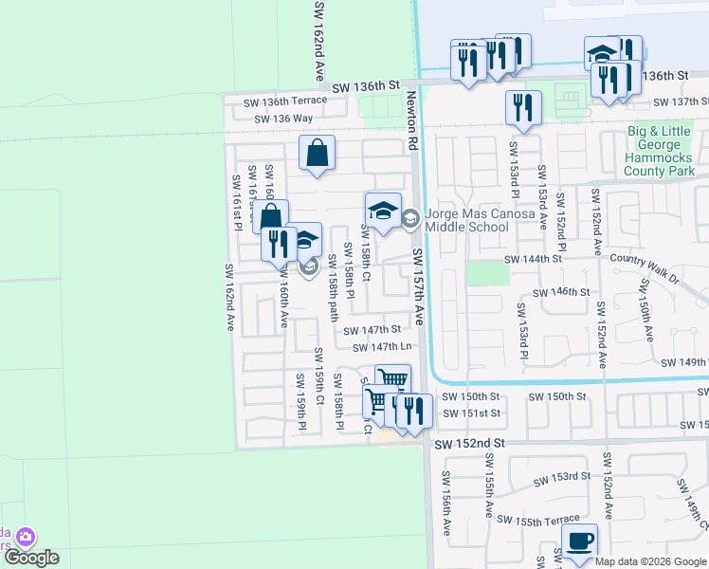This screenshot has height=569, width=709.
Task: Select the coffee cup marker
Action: click(579, 541)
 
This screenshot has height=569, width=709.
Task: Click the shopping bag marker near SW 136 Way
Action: click(318, 153)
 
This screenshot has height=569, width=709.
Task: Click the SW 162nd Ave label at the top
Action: click(319, 40)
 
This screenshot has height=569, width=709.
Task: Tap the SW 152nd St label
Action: click(471, 444)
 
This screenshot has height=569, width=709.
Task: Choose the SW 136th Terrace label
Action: click(285, 101)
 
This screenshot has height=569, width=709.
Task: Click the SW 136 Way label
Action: click(283, 119)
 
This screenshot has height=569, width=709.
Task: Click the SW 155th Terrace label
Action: click(537, 520)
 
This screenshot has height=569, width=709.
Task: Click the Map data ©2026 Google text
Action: click(651, 561)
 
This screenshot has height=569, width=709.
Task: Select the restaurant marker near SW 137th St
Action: click(523, 107)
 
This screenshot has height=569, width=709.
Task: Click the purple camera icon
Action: click(26, 538)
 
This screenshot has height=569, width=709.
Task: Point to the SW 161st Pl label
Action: click(238, 201)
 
